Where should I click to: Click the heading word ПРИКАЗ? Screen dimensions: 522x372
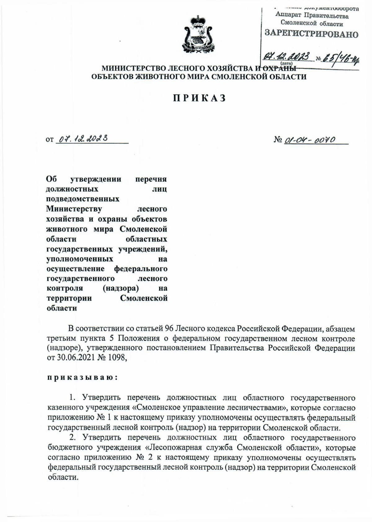tap(199, 98)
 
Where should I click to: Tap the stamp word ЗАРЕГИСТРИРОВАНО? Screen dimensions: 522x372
tap(311, 34)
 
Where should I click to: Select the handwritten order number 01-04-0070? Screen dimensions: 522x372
tap(309, 140)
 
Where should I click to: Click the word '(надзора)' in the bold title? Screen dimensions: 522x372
tap(121, 288)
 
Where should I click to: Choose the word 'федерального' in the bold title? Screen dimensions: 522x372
tap(141, 268)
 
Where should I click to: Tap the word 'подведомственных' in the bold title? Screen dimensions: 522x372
tap(82, 199)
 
